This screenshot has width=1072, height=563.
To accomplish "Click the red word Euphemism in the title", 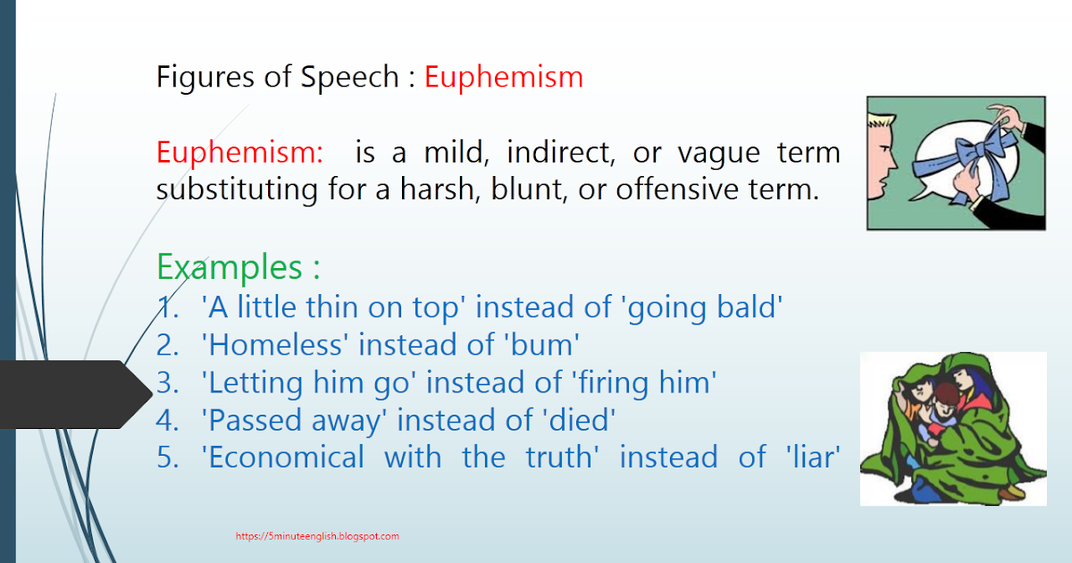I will pos(503,78).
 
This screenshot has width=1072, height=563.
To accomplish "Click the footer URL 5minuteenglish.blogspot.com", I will pos(318,536).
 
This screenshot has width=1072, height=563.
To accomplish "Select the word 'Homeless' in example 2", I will pos(275,345).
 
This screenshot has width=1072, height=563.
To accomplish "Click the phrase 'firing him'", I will pos(643,382).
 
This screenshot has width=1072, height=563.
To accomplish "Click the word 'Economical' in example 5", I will pos(283,458).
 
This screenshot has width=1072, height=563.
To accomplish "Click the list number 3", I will pos(167,383).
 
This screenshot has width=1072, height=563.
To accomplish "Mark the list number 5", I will pos(167,458).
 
